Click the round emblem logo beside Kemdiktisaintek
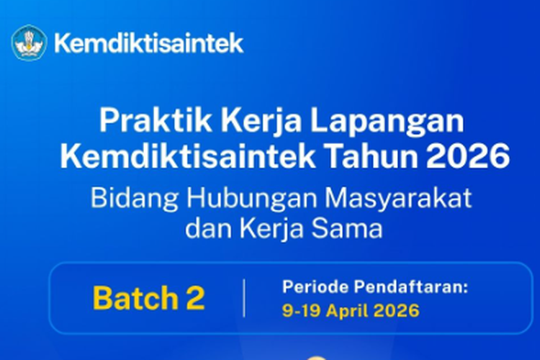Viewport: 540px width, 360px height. pyautogui.click(x=29, y=42)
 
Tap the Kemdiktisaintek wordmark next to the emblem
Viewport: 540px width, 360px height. pyautogui.click(x=149, y=43)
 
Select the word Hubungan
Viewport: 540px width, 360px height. pyautogui.click(x=243, y=199)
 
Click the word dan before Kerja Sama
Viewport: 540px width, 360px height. pyautogui.click(x=205, y=231)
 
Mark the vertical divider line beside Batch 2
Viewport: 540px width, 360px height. pyautogui.click(x=243, y=298)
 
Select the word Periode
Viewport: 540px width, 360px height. pyautogui.click(x=312, y=288)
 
